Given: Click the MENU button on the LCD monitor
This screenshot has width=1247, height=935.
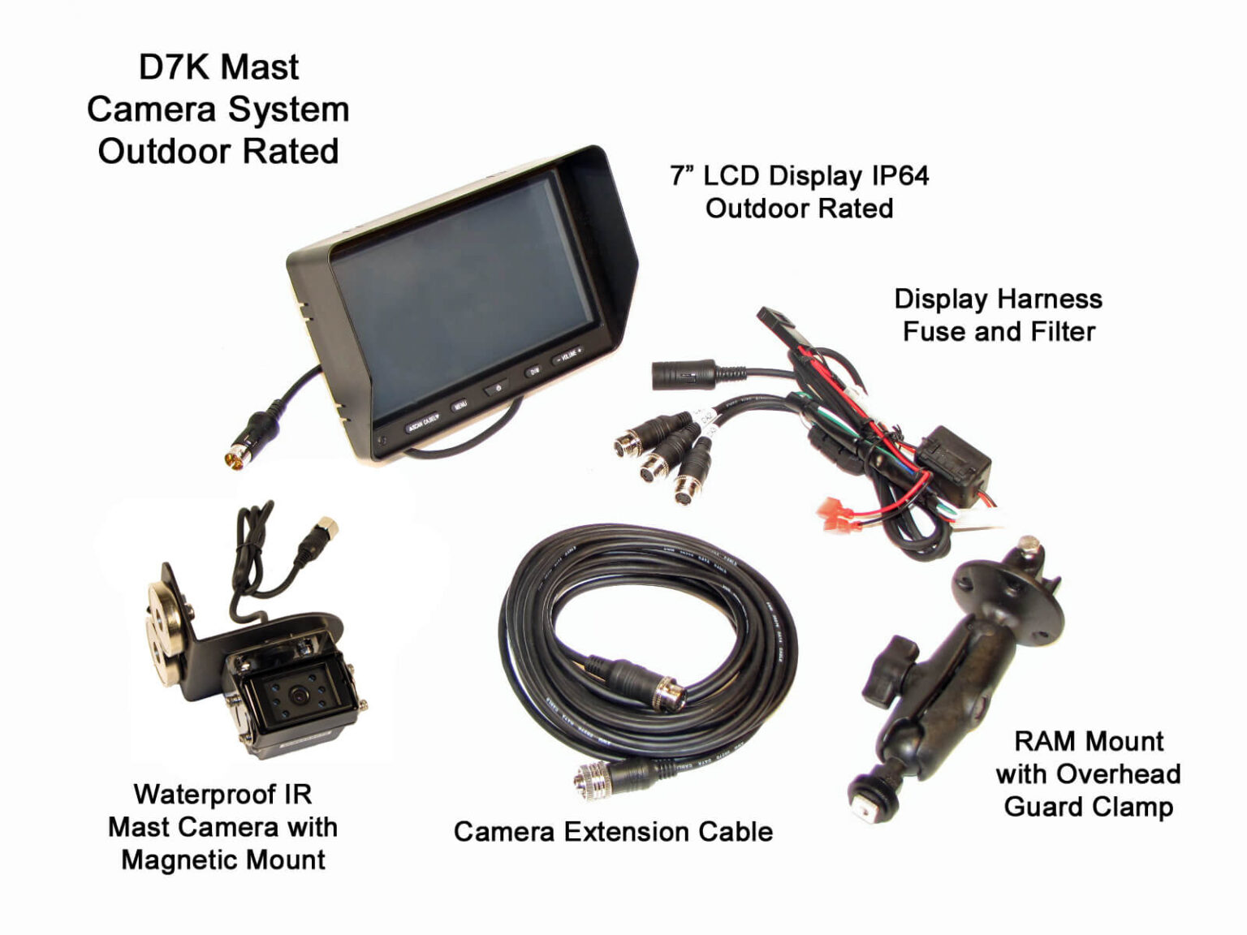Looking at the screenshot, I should [460, 405].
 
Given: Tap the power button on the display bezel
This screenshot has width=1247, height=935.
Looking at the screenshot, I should [498, 389].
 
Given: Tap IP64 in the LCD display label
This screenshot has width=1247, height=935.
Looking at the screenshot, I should [900, 176].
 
